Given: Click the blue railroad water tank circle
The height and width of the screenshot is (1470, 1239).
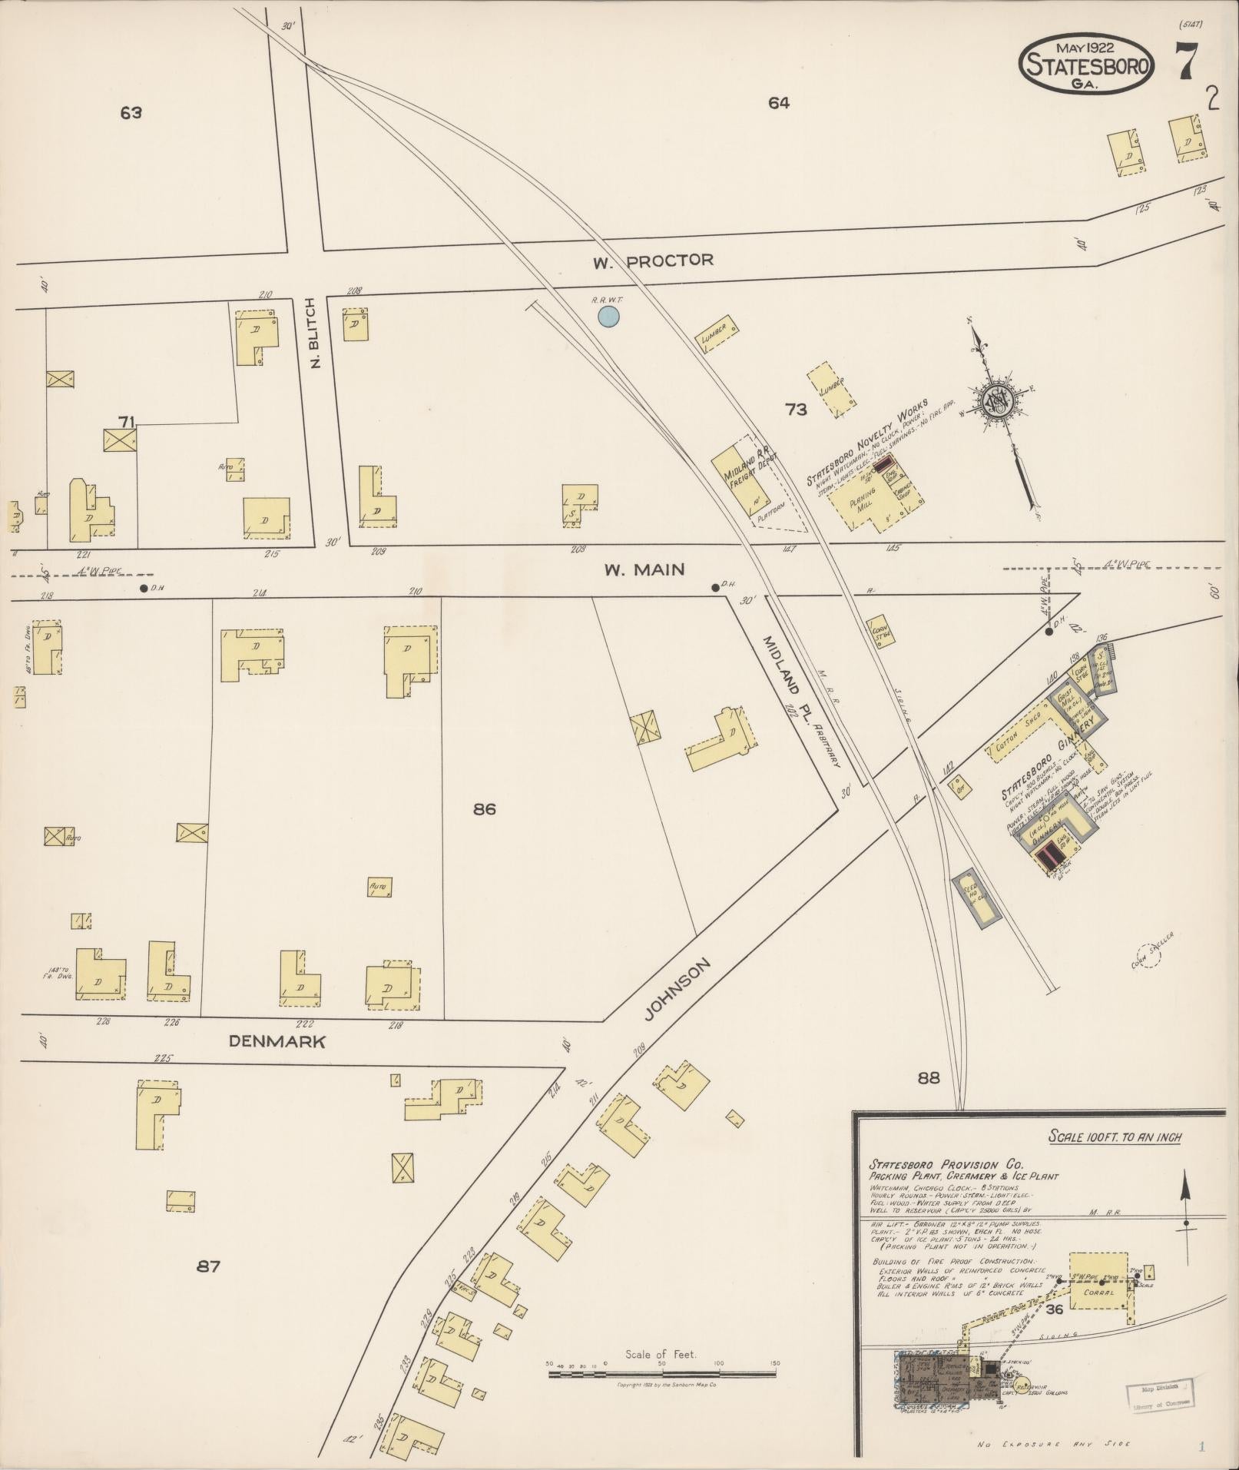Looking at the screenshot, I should (608, 315).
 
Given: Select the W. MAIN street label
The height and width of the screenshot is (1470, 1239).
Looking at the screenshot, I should (643, 569).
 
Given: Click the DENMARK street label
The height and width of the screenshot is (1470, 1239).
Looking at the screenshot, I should (277, 1042).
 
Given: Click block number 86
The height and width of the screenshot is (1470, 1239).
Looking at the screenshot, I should (485, 808).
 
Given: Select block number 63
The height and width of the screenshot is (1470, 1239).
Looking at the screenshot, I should (131, 113).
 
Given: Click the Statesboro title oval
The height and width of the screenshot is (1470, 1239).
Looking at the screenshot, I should (1086, 65).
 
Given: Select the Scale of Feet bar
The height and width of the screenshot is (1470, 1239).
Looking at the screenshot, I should (662, 1372).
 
